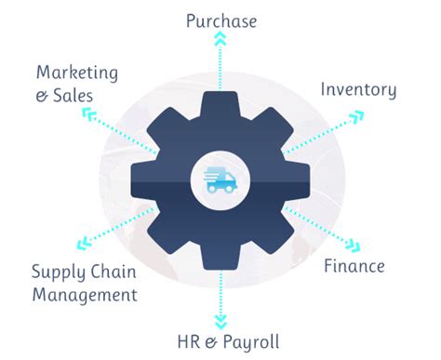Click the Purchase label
point(220,20)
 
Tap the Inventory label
point(358,90)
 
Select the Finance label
point(354,266)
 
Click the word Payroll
point(247,341)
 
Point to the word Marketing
point(78,72)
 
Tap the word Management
point(85,295)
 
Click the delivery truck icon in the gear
point(220,179)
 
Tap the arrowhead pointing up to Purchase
point(220,38)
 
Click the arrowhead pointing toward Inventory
point(357,116)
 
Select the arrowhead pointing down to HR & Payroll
point(220,321)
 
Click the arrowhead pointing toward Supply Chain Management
point(85,245)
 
